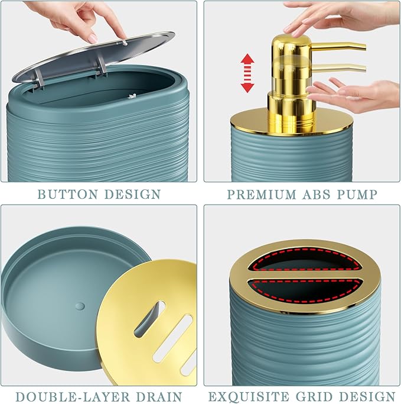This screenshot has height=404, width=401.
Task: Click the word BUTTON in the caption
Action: pyautogui.click(x=68, y=194)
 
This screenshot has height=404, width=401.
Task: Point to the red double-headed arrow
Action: pyautogui.click(x=247, y=73)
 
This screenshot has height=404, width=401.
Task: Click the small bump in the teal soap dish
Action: pyautogui.click(x=80, y=306)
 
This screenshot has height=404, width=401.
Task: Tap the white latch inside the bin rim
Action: pyautogui.click(x=132, y=96)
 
